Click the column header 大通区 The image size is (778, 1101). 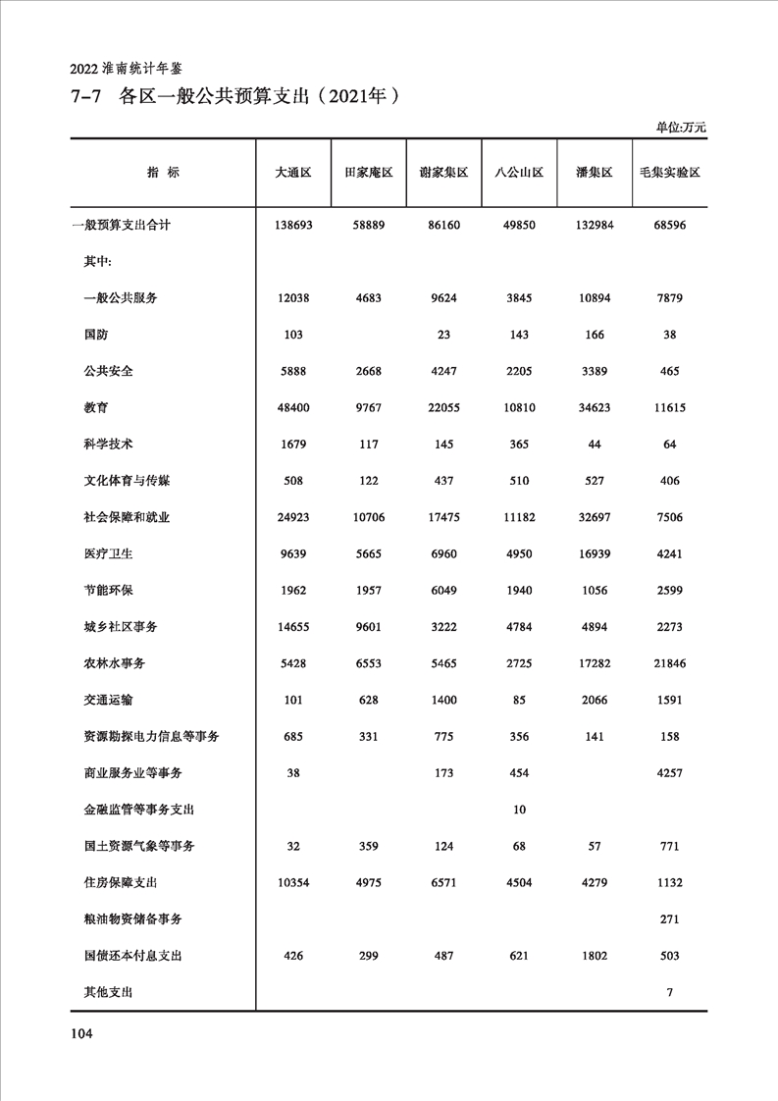[293, 172]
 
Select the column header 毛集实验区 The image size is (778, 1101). [669, 172]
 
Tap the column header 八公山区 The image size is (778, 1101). [519, 172]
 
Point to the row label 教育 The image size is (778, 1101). [97, 407]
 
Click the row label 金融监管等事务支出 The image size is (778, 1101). [139, 810]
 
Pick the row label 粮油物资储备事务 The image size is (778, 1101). [132, 919]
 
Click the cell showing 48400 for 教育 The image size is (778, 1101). [293, 407]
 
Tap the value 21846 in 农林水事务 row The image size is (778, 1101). [669, 664]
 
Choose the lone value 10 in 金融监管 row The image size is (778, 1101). [519, 810]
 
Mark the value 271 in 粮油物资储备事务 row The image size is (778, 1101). [669, 919]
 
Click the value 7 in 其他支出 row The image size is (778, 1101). [669, 993]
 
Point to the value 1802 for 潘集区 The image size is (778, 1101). [595, 956]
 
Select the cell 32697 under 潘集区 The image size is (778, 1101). [595, 517]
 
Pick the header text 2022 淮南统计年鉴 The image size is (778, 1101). [127, 69]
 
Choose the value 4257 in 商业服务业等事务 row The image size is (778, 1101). [669, 773]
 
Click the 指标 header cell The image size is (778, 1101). [163, 172]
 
